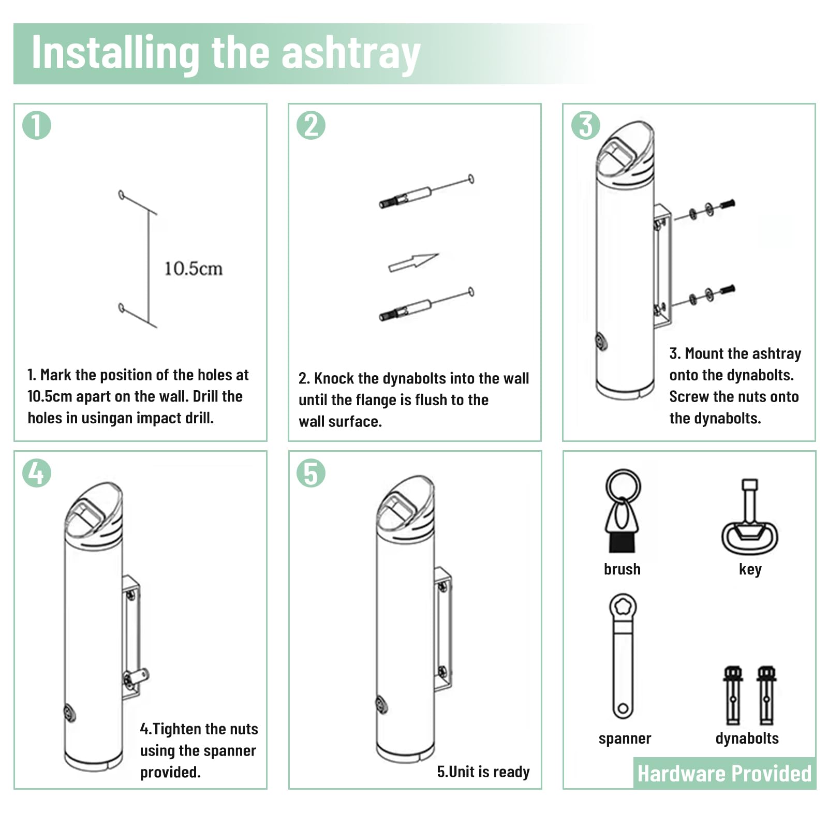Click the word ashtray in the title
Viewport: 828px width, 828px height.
click(x=350, y=54)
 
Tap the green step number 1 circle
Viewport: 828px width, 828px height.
click(x=37, y=126)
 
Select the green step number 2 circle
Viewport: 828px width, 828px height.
click(x=311, y=126)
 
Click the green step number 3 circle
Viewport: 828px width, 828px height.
click(x=585, y=126)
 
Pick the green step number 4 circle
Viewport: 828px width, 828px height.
click(x=37, y=473)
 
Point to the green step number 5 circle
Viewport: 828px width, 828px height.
click(x=311, y=473)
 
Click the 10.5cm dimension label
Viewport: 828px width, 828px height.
click(x=194, y=269)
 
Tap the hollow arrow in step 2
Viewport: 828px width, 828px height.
click(x=413, y=262)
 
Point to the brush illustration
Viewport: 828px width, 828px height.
click(x=623, y=511)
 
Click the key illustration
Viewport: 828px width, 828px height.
click(x=750, y=517)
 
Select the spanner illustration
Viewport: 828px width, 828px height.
click(x=623, y=656)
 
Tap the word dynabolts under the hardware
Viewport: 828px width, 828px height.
click(x=747, y=738)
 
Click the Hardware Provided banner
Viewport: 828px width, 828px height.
click(x=724, y=773)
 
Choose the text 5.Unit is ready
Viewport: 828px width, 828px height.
click(x=483, y=772)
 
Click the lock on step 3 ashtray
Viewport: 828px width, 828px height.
click(x=601, y=342)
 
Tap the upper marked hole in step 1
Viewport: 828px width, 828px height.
click(x=122, y=195)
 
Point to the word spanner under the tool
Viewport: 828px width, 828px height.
click(x=625, y=738)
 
